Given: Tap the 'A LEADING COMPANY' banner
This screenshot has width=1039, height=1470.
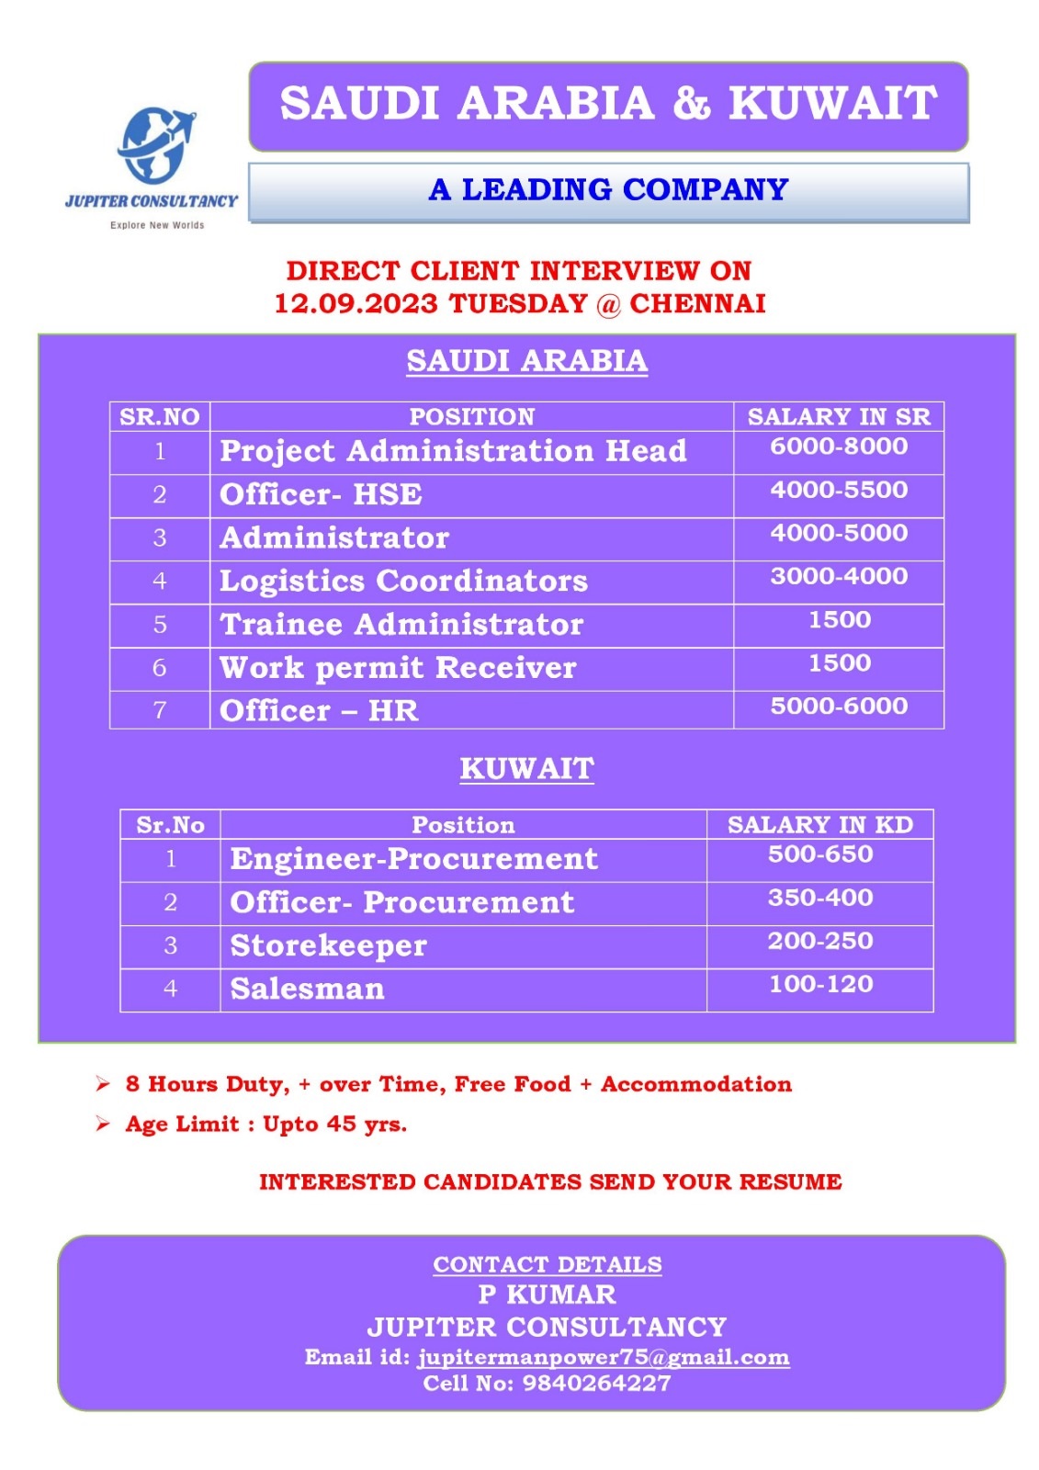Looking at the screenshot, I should pyautogui.click(x=608, y=190).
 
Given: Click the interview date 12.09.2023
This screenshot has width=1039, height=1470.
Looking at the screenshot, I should pyautogui.click(x=356, y=304).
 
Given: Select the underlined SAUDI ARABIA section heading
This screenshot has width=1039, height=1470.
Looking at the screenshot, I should pyautogui.click(x=526, y=361).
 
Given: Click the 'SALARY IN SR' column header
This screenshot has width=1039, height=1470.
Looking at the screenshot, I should pyautogui.click(x=838, y=417).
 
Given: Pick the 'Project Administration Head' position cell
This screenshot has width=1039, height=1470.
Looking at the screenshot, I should pyautogui.click(x=453, y=451).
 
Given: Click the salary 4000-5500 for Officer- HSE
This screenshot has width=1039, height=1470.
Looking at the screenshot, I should pyautogui.click(x=838, y=490).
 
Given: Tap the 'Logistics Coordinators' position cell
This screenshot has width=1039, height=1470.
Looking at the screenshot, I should pyautogui.click(x=403, y=582).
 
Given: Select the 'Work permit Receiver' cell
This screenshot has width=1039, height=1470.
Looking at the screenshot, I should pyautogui.click(x=398, y=668).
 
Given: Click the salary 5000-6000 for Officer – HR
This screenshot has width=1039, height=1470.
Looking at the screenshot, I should pyautogui.click(x=838, y=707).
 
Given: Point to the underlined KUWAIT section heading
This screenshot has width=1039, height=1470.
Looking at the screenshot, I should pyautogui.click(x=526, y=769).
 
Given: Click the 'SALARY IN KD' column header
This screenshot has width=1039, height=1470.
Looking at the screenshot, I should pyautogui.click(x=819, y=825).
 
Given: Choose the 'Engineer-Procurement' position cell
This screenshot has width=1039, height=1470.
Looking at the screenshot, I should pyautogui.click(x=413, y=859).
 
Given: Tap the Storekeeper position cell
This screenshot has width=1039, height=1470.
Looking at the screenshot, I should pyautogui.click(x=328, y=946).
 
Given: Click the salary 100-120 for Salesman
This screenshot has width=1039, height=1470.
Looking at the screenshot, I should pyautogui.click(x=820, y=985).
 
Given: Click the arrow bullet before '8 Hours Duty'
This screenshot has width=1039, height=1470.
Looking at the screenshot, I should pyautogui.click(x=103, y=1085).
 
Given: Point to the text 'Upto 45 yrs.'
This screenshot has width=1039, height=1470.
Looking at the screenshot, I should pyautogui.click(x=334, y=1125).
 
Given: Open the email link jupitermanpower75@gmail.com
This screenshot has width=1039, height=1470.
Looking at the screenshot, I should pyautogui.click(x=604, y=1358).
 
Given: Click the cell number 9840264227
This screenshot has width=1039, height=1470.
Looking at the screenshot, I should pyautogui.click(x=596, y=1384).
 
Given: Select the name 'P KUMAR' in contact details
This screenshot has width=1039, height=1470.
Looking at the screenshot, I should pyautogui.click(x=547, y=1295).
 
